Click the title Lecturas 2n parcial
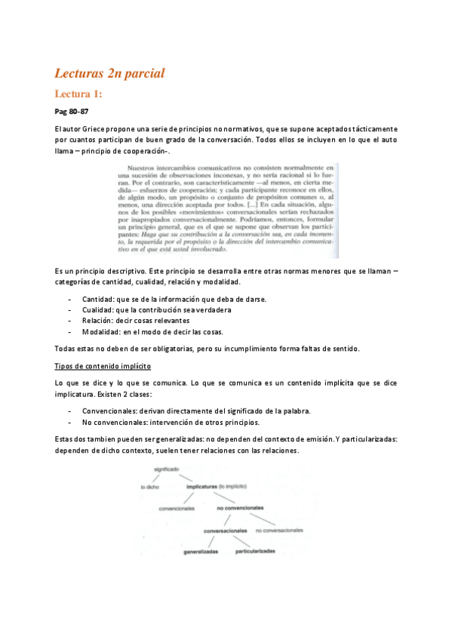pos(109,73)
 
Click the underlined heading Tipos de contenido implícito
pos(103,366)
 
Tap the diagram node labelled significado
pos(166,470)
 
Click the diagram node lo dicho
pos(150,488)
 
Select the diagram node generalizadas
pos(201,552)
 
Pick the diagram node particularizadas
pos(255,552)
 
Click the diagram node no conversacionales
pos(279,531)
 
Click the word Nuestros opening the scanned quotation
pos(146,168)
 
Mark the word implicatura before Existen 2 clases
pos(78,394)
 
